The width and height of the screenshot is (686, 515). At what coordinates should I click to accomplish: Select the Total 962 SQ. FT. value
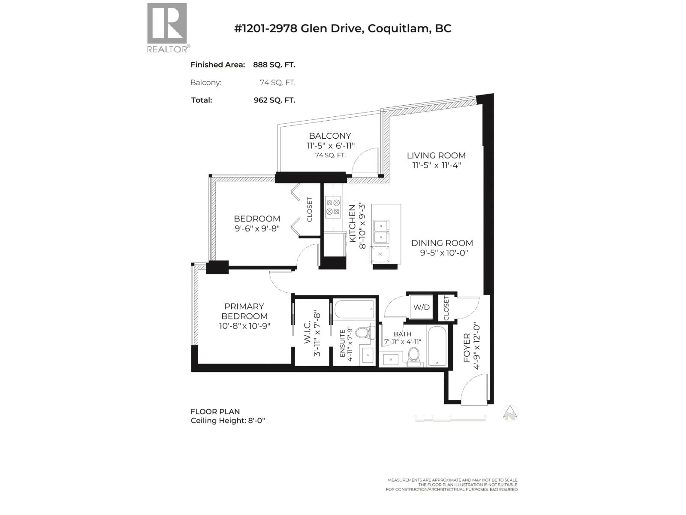coord(274,100)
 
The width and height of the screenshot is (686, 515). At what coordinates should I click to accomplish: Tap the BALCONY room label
coord(330,136)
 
